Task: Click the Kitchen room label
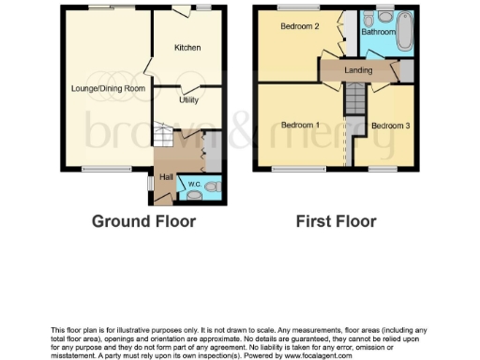coord(187,47)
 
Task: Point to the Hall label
coord(166,176)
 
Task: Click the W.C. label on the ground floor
coord(194,185)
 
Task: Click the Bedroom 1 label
coord(300,125)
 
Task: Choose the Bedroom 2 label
coord(301,26)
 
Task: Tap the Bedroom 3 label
coord(390,125)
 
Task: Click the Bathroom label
coord(379,32)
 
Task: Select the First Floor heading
coord(336,222)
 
